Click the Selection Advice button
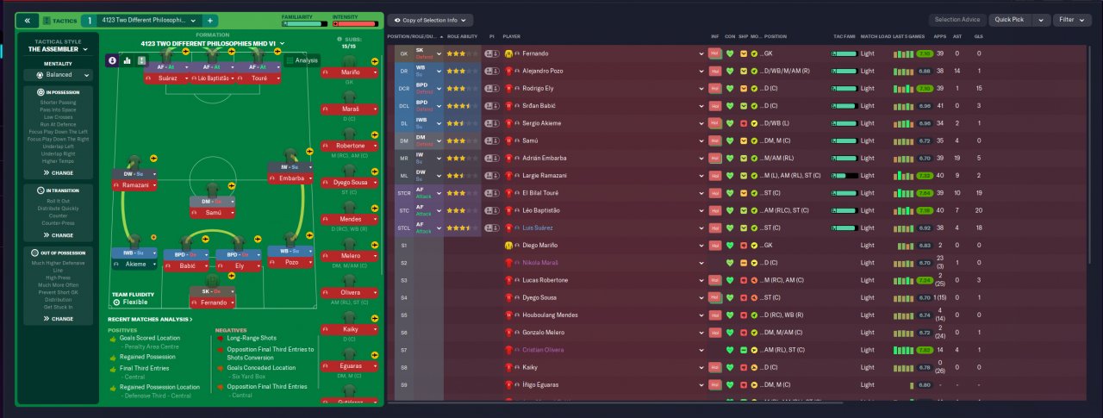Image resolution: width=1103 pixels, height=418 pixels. [x=958, y=20]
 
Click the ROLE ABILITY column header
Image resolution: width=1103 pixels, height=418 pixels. [x=462, y=37]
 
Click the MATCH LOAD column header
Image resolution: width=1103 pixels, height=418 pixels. [x=875, y=37]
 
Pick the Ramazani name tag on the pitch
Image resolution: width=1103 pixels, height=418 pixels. [x=134, y=186]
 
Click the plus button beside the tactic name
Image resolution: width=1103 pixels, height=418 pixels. [x=210, y=20]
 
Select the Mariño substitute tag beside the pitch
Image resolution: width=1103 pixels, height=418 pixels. [x=351, y=72]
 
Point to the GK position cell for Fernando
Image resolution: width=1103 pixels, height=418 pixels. [x=404, y=53]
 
